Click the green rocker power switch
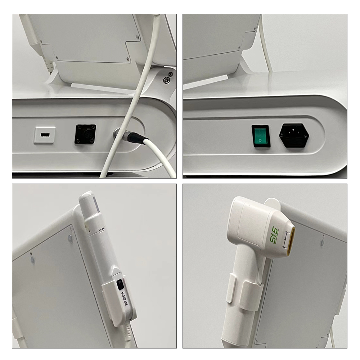pyautogui.click(x=261, y=136)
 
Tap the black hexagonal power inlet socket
pyautogui.click(x=294, y=135)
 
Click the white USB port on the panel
pyautogui.click(x=45, y=135)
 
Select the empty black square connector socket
pyautogui.click(x=85, y=134)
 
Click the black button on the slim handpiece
pyautogui.click(x=120, y=284)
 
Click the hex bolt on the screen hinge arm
pyautogui.click(x=166, y=80)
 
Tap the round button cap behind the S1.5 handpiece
pyautogui.click(x=322, y=243)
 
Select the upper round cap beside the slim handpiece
pyautogui.click(x=70, y=238)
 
